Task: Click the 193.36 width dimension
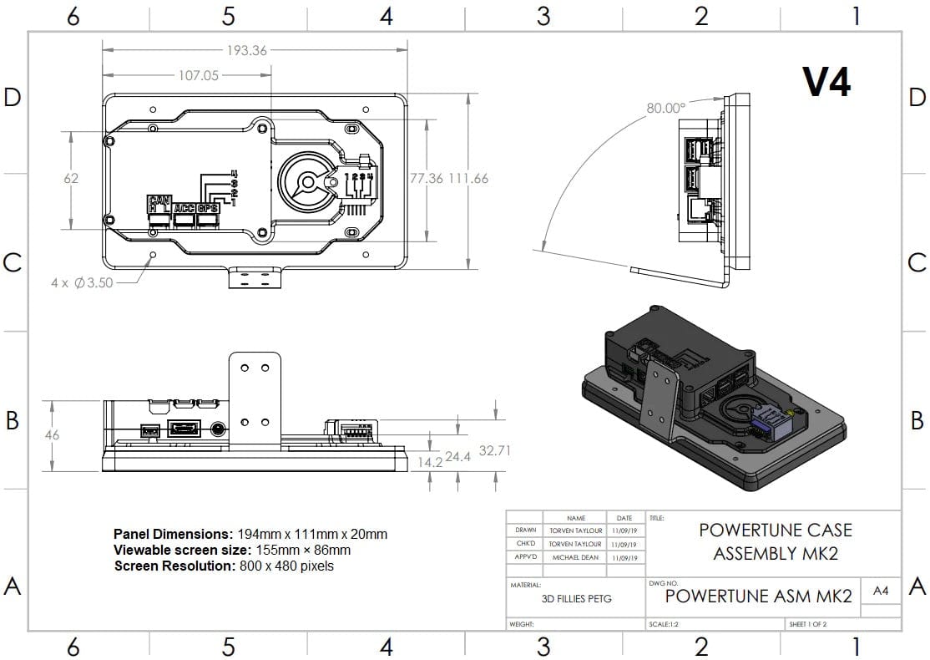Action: [x=246, y=51]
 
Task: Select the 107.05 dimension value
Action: [x=198, y=75]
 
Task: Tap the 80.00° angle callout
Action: [x=665, y=108]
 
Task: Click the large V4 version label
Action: [x=826, y=82]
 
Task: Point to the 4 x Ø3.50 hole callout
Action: [x=82, y=283]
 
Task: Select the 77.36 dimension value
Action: [x=426, y=178]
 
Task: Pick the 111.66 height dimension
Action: [x=468, y=178]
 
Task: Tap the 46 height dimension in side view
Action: [x=53, y=434]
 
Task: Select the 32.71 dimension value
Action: [x=494, y=451]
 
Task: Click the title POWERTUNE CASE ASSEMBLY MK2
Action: [x=776, y=541]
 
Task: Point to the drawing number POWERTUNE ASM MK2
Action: [x=758, y=596]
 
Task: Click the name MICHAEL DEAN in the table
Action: [x=574, y=557]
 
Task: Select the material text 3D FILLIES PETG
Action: [x=576, y=598]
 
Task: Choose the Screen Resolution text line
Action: [x=224, y=566]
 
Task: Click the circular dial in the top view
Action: [x=308, y=182]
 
